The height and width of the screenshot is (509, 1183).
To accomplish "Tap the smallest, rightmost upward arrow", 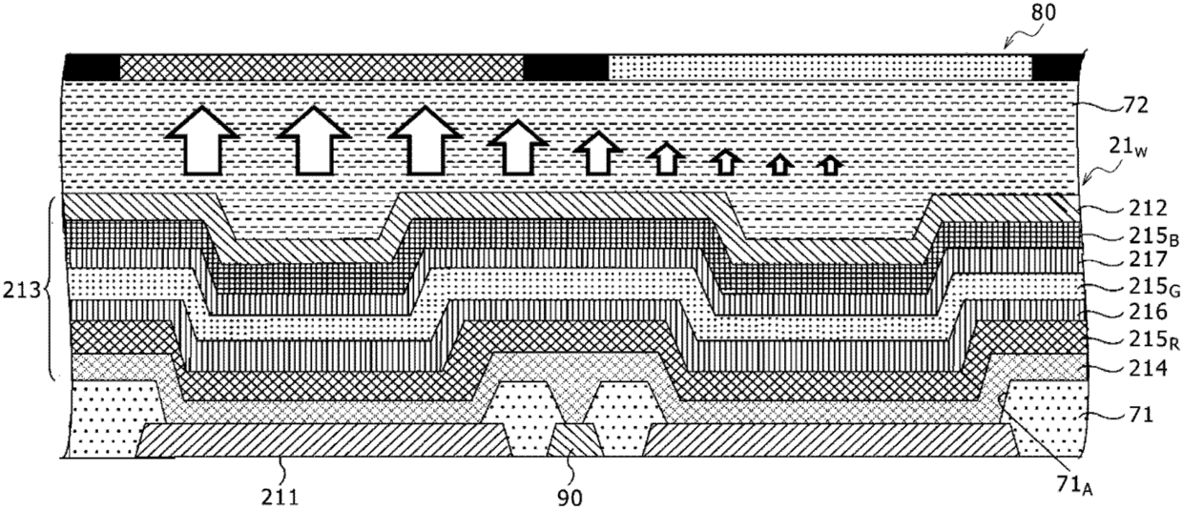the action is click(x=830, y=165).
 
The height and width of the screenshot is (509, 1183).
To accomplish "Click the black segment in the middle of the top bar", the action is click(x=566, y=67).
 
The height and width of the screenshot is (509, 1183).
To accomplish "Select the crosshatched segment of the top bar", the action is click(x=322, y=67).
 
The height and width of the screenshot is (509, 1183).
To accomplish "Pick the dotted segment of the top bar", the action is click(x=820, y=67).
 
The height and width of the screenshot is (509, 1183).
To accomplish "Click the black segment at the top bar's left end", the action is click(x=91, y=67).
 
